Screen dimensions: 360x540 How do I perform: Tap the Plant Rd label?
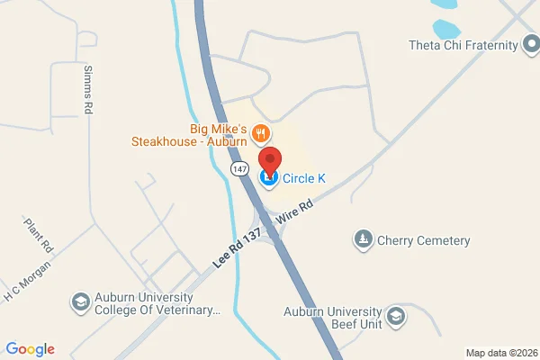point(40,234)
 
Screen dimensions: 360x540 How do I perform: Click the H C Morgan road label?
point(24,284)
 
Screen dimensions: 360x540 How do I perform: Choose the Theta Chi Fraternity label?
point(463,45)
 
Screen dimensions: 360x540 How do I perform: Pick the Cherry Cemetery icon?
point(363,239)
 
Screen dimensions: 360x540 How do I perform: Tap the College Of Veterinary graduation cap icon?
point(80,301)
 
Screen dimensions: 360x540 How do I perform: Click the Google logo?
point(30,349)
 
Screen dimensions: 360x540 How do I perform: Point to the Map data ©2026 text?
point(499,352)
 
